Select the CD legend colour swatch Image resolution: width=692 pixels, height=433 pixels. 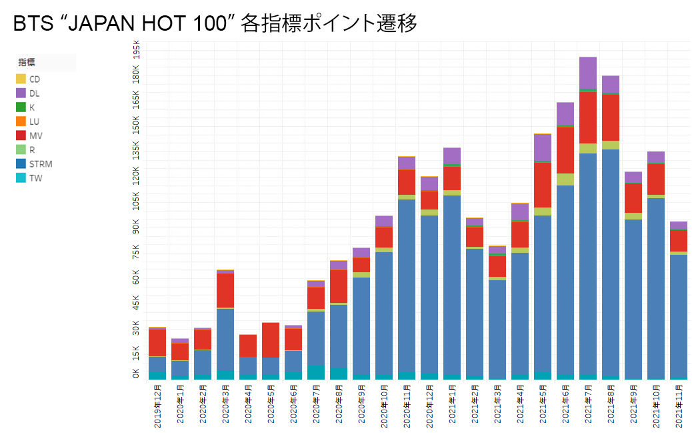point(21,79)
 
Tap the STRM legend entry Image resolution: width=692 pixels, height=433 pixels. point(41,163)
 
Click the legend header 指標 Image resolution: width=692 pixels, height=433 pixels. point(27,63)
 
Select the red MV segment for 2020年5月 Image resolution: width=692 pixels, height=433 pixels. point(271,340)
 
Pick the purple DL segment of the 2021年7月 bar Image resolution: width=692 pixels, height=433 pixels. point(588,72)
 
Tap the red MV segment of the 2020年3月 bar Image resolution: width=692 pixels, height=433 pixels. point(225,290)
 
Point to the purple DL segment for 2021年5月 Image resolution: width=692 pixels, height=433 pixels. point(543,147)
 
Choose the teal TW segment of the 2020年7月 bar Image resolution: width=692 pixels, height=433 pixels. point(316,372)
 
